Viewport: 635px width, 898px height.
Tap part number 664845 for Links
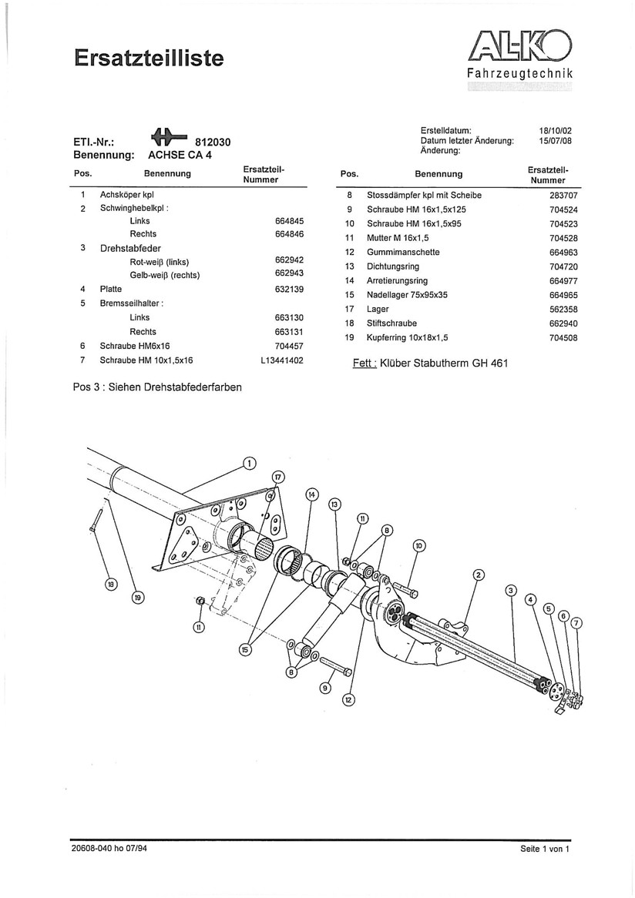[x=290, y=220]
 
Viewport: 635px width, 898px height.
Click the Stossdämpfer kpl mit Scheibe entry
[x=424, y=196]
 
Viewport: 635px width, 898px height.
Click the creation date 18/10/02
[x=555, y=131]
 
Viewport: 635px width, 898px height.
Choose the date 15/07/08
[x=555, y=141]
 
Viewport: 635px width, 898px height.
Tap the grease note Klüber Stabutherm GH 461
[x=444, y=363]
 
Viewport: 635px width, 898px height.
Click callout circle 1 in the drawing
[x=249, y=463]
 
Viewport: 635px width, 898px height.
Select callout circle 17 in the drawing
[x=278, y=476]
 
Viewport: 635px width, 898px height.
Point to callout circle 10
[x=419, y=546]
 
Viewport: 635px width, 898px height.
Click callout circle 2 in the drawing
[x=478, y=575]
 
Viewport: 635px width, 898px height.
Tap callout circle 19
[x=138, y=596]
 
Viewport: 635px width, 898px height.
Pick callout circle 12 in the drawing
[x=348, y=699]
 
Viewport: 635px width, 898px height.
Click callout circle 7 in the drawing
[x=577, y=622]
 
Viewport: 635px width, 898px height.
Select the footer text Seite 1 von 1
[x=545, y=849]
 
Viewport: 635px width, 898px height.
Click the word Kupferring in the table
[x=387, y=337]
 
